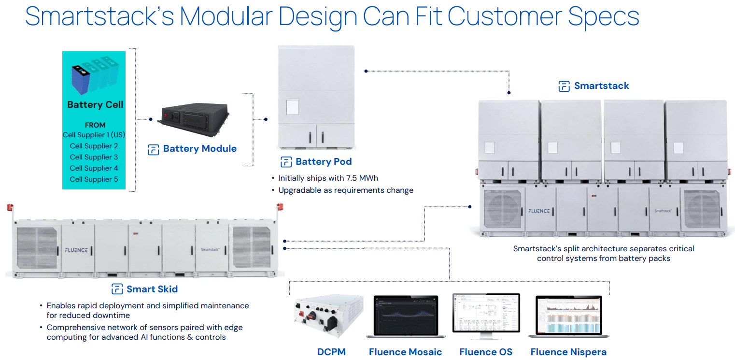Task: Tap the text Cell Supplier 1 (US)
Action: (94, 135)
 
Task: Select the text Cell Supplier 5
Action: (94, 179)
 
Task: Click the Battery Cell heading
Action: (95, 104)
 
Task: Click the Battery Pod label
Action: (324, 162)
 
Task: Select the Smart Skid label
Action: (152, 289)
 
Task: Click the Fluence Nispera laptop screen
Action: (568, 315)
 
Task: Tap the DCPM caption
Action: (331, 352)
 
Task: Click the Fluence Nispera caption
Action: (568, 352)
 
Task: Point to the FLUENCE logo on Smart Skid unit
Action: (76, 250)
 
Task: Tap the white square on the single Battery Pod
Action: (293, 107)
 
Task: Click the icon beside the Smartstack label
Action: (564, 86)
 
